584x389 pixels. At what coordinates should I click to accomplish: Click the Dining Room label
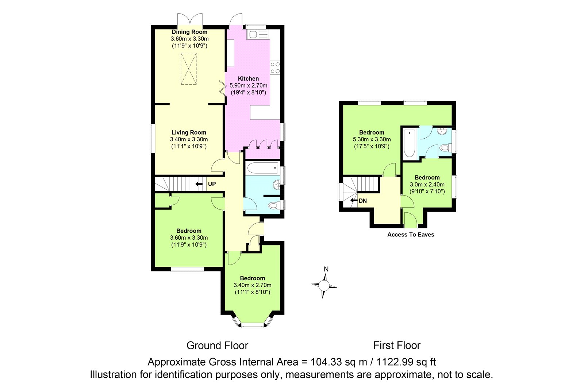pos(189,32)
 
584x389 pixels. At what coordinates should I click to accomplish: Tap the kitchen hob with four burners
pos(275,68)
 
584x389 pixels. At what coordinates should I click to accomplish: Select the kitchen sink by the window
pos(258,34)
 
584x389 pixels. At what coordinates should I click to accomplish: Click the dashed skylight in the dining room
pos(188,69)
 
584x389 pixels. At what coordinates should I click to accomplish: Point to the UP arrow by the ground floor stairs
pos(199,184)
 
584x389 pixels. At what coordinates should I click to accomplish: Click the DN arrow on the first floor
pos(354,200)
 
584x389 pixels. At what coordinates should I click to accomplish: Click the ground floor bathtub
pos(263,168)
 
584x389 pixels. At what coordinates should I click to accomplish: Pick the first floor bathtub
pos(410,143)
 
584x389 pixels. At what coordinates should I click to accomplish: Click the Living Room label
pos(189,132)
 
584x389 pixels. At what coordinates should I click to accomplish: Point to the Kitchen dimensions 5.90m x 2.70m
pos(248,85)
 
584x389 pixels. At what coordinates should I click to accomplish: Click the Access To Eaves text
pos(411,235)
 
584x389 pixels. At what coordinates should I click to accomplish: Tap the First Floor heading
pos(397,346)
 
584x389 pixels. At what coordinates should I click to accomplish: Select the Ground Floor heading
pos(217,346)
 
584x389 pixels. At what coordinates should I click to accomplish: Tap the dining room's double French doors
pos(190,20)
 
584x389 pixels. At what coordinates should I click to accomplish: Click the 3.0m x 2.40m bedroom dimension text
pos(427,185)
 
